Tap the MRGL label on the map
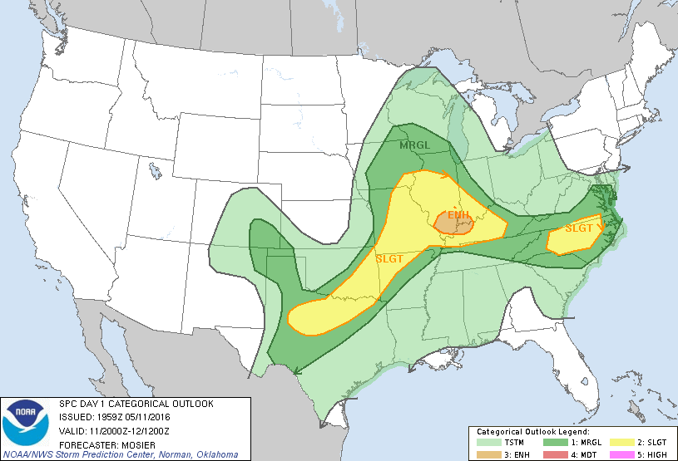coord(415,146)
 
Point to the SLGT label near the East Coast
coord(579,228)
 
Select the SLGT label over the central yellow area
coord(389,259)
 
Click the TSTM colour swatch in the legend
coord(487,443)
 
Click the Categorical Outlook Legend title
coord(532,432)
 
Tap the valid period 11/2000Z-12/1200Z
coord(131,430)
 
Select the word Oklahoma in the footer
coord(214,454)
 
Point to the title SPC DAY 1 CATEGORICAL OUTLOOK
coord(136,404)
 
